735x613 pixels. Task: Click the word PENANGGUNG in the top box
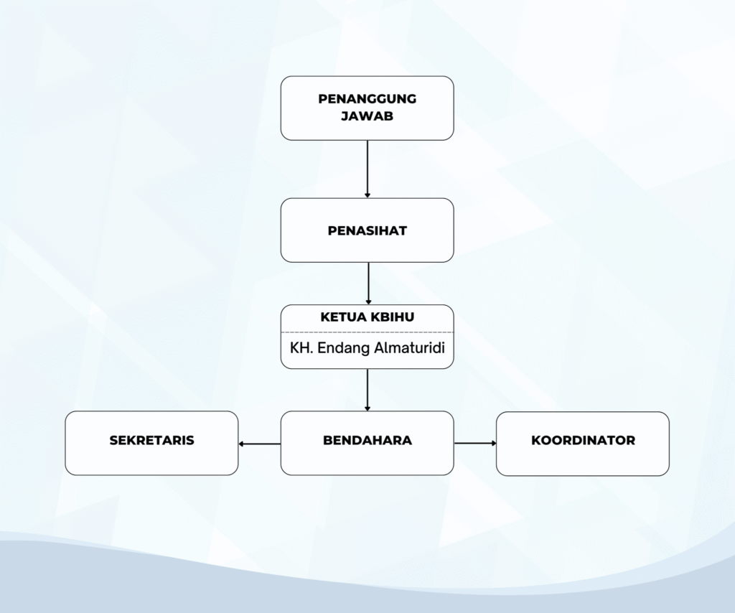367,99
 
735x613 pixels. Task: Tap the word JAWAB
367,116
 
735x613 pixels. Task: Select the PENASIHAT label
367,230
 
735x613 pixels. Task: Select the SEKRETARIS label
151,440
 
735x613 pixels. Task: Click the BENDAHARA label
367,440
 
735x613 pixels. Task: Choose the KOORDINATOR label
583,440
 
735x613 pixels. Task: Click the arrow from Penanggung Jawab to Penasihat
367,169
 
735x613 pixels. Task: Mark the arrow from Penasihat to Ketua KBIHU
368,284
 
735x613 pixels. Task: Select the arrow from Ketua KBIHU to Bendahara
367,390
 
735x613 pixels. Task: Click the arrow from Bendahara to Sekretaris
260,444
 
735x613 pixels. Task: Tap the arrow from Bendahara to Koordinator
475,443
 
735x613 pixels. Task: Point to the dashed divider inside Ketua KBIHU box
367,332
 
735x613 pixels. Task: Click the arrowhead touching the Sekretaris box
241,444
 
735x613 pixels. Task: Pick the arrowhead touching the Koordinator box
494,443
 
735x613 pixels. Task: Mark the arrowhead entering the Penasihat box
367,195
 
